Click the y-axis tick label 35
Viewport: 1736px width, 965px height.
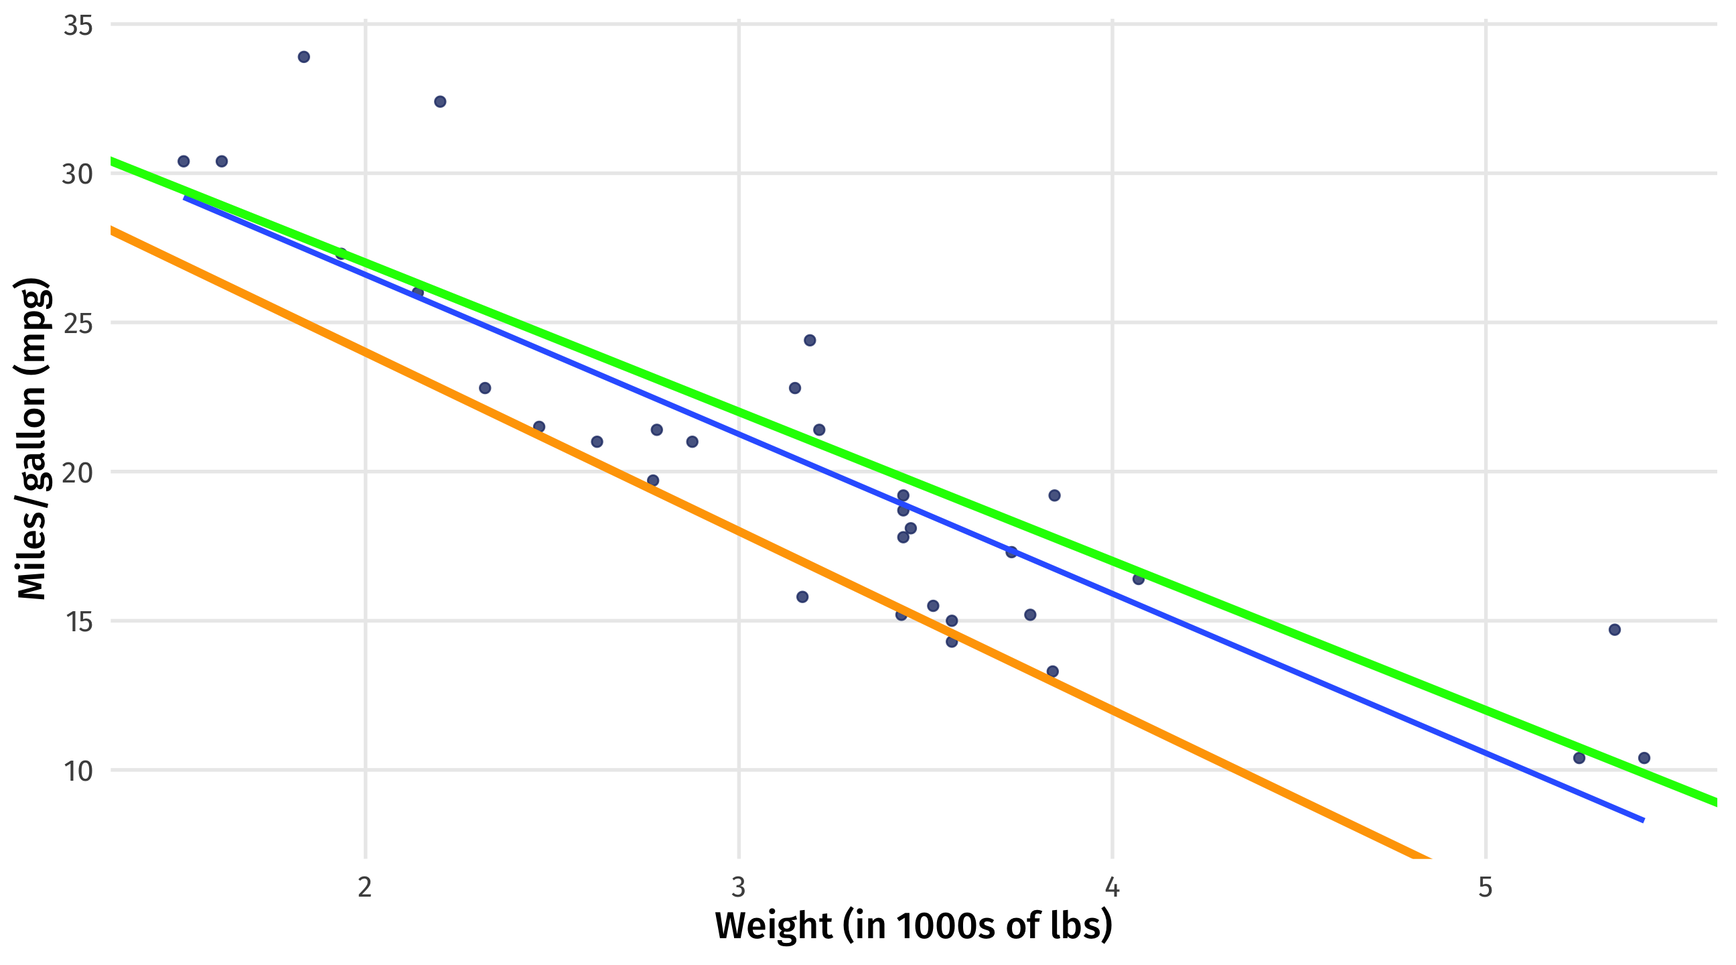pos(78,25)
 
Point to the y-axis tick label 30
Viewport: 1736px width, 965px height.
pos(78,175)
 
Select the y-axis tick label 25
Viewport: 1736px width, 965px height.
pos(78,324)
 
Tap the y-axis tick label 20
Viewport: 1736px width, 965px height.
pos(78,472)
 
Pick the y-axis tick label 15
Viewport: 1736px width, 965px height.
pos(78,622)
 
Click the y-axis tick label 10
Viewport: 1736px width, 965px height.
pos(78,771)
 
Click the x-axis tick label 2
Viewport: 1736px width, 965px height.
pos(364,888)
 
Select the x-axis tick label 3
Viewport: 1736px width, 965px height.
pos(739,888)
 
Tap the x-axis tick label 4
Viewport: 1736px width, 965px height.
pos(1112,888)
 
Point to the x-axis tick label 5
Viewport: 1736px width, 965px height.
pos(1486,888)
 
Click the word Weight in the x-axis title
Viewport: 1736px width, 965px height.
pos(773,926)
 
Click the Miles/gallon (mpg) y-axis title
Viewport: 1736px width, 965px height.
pos(32,438)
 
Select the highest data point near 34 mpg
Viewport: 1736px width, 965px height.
pos(304,57)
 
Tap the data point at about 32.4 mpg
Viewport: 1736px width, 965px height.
pos(440,102)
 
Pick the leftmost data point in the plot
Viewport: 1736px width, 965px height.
pos(184,162)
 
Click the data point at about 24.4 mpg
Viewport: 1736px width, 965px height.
pos(810,340)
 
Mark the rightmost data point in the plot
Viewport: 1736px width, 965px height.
pos(1644,758)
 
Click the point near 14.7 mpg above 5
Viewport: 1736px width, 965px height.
pos(1615,630)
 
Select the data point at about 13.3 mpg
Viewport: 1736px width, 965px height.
pos(1053,671)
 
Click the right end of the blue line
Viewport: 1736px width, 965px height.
pos(1643,820)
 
